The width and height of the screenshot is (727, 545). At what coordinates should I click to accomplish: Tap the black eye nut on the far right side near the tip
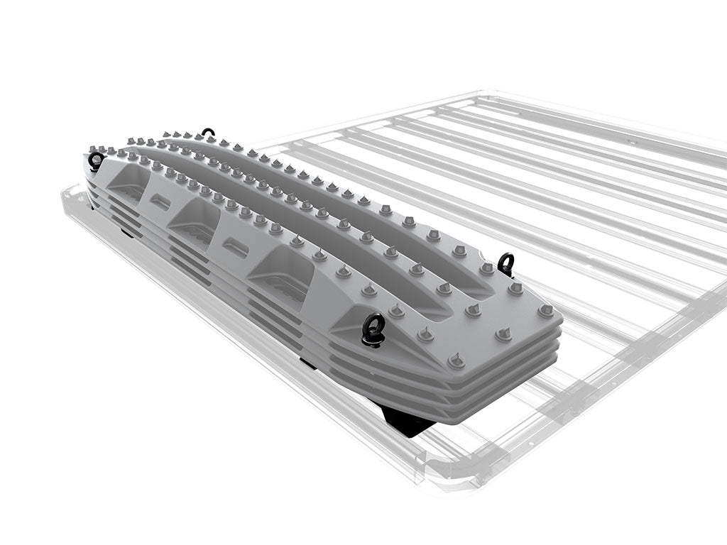pos(505,264)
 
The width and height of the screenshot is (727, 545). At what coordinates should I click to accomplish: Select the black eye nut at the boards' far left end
pos(96,161)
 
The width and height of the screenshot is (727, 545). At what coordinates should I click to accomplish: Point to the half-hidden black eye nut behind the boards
pos(207,133)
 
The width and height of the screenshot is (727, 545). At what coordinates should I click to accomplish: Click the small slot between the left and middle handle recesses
pos(160,202)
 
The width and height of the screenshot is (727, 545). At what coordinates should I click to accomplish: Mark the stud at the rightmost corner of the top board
pos(546,310)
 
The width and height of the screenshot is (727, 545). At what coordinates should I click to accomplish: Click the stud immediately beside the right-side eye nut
pos(487,268)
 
